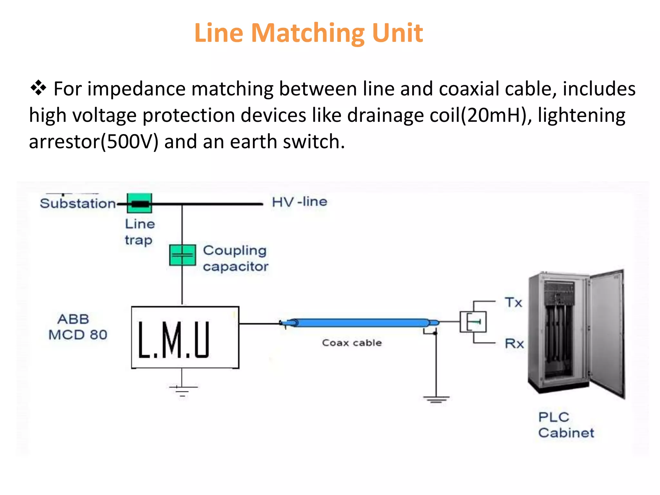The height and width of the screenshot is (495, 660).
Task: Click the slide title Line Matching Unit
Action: tap(308, 33)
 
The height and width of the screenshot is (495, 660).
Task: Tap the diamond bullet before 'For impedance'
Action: tap(38, 88)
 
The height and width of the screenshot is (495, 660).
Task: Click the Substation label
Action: tap(78, 203)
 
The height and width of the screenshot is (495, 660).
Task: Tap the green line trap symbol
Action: tap(139, 203)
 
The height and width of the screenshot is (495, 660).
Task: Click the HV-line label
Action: tap(299, 202)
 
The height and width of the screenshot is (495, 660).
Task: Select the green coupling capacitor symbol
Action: tap(182, 255)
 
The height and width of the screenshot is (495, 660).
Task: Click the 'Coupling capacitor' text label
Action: tap(236, 258)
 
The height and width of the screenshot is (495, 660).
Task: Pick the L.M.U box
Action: tap(185, 337)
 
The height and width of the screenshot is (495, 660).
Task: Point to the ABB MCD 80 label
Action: tap(78, 327)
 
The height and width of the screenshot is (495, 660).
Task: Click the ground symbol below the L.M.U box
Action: tap(182, 390)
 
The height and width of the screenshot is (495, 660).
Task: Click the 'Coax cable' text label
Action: tap(352, 343)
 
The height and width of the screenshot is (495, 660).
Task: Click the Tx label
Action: tap(513, 303)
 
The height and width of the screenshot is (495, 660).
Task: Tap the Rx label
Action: tap(514, 344)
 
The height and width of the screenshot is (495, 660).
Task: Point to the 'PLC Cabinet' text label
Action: tap(566, 425)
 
